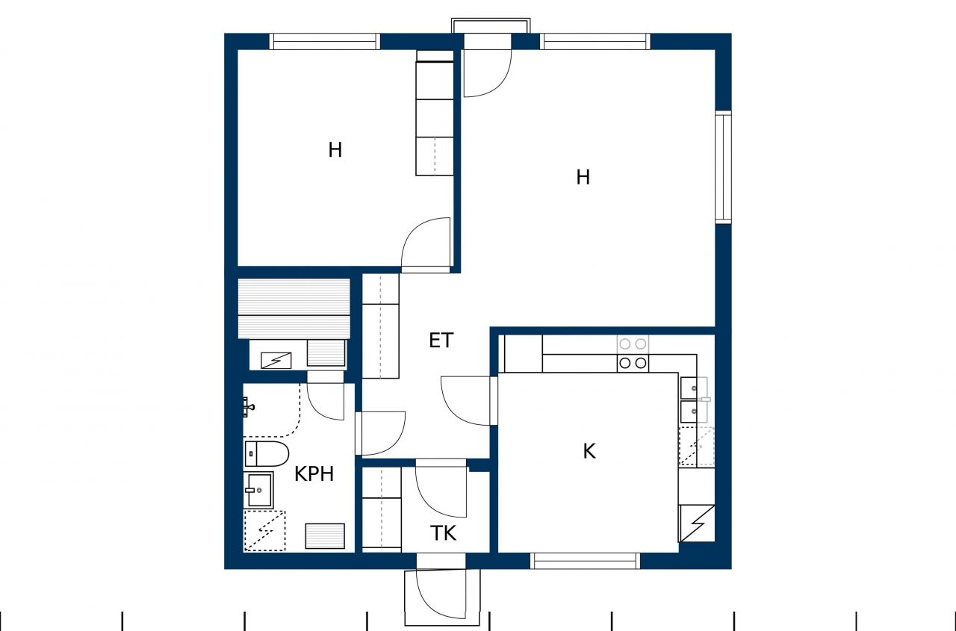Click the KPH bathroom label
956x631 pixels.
click(314, 473)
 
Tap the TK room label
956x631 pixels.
click(443, 533)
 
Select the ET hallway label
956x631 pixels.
click(441, 341)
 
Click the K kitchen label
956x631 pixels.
click(589, 451)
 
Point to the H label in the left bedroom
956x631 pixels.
click(335, 150)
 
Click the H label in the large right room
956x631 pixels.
click(583, 177)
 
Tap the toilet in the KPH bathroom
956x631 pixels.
click(267, 453)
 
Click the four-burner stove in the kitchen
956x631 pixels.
click(633, 354)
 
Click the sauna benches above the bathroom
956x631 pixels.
click(294, 308)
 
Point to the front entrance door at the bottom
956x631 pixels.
click(441, 594)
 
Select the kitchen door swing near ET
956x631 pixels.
click(468, 401)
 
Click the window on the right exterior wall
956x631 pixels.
click(723, 167)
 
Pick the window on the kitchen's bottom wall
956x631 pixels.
click(585, 560)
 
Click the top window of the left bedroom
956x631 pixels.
click(324, 41)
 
